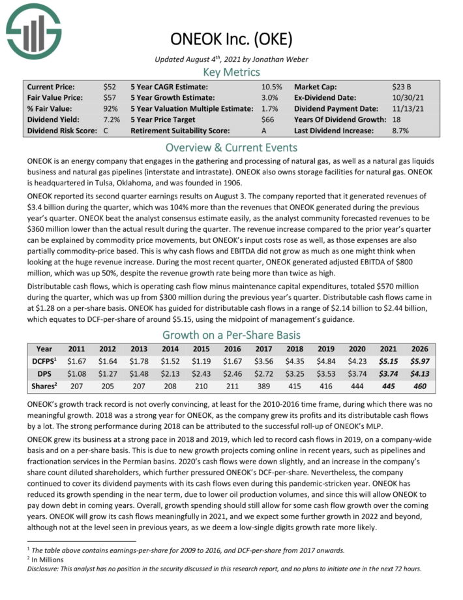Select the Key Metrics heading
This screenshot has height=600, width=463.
[x=231, y=72]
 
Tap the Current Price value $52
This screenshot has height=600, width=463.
[x=110, y=87]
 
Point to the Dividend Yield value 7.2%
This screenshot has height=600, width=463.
[x=112, y=119]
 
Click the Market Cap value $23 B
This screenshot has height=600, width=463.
[x=400, y=87]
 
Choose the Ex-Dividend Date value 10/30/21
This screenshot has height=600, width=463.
[x=404, y=98]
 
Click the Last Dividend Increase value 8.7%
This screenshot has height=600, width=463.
[x=400, y=131]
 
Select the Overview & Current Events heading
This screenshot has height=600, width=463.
[x=231, y=146]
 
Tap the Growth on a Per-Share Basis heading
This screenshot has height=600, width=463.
[x=231, y=336]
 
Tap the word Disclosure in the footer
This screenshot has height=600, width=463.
[x=43, y=567]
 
